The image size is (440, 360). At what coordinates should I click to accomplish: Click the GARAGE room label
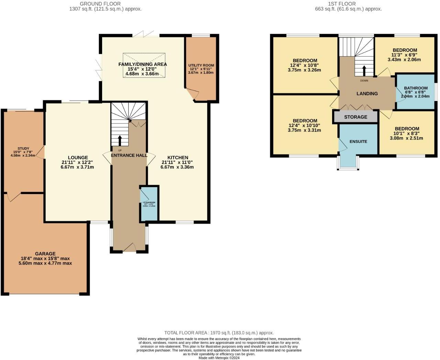tap(45, 254)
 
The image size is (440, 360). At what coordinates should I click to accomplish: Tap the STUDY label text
tap(23, 148)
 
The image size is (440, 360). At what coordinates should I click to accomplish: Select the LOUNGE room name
tap(78, 158)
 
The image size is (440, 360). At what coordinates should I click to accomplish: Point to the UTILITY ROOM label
tap(201, 65)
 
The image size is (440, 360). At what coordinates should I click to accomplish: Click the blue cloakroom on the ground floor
tap(149, 203)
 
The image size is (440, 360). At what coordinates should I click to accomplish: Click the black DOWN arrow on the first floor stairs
tap(364, 71)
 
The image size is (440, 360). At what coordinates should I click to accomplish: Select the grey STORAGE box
tap(355, 117)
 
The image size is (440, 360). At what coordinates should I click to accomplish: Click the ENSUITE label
tap(358, 142)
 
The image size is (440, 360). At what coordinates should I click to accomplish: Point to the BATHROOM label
tap(416, 88)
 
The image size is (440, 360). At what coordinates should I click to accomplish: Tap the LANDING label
tap(367, 93)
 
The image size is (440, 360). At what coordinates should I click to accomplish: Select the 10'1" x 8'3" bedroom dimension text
tap(406, 134)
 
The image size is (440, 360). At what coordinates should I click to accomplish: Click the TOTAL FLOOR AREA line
tap(219, 333)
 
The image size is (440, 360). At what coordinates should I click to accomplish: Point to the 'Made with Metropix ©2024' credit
tap(219, 358)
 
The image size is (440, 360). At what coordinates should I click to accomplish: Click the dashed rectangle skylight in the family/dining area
tap(144, 65)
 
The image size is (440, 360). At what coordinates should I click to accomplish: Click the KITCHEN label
tap(178, 158)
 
